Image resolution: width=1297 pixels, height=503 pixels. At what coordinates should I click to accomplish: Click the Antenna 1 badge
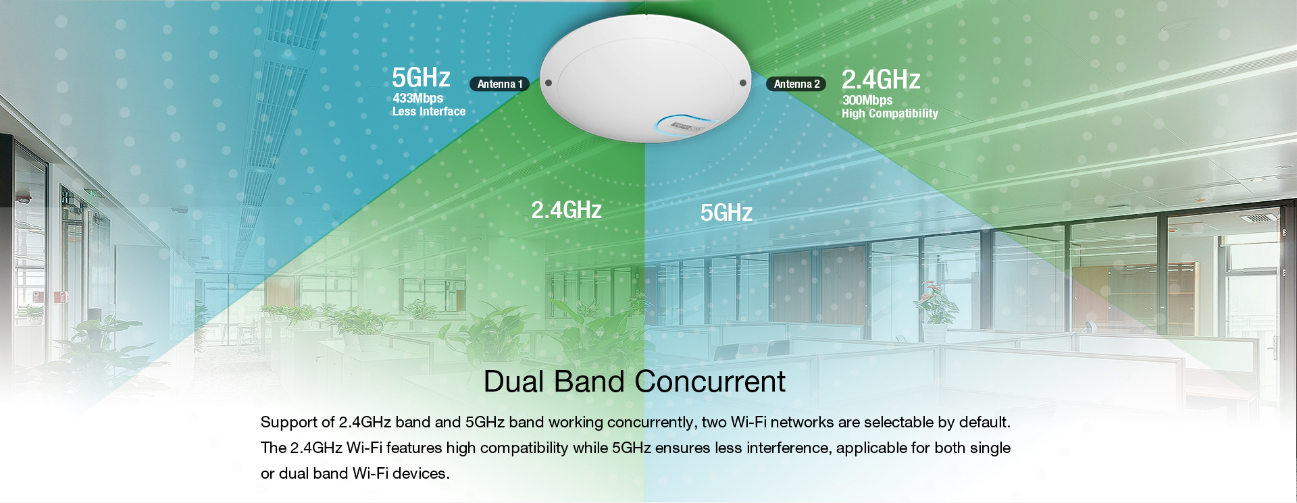tap(500, 84)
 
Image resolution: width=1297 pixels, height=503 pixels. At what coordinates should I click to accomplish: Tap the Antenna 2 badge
tap(796, 84)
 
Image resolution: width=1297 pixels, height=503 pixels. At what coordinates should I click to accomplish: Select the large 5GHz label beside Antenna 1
tap(421, 78)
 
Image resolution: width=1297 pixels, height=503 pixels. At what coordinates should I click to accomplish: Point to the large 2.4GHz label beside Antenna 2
tap(881, 80)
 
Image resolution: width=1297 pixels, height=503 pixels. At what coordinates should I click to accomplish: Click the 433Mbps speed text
tap(418, 98)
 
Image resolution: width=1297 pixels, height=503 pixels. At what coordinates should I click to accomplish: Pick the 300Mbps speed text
tap(867, 100)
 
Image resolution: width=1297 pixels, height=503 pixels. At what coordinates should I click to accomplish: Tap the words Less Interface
tap(429, 111)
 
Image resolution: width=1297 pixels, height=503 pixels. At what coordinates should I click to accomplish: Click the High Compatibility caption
tap(890, 113)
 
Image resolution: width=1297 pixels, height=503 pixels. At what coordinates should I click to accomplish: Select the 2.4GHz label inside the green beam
tap(566, 210)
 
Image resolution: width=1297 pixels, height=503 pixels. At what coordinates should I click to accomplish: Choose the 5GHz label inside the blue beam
tap(726, 213)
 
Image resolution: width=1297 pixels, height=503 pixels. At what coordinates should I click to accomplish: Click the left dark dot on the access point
tap(549, 83)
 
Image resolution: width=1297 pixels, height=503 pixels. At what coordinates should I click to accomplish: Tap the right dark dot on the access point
tap(743, 83)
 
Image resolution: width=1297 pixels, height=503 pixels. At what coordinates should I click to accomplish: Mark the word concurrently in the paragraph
tap(652, 422)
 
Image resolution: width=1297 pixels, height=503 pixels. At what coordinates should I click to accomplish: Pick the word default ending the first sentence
tap(985, 422)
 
